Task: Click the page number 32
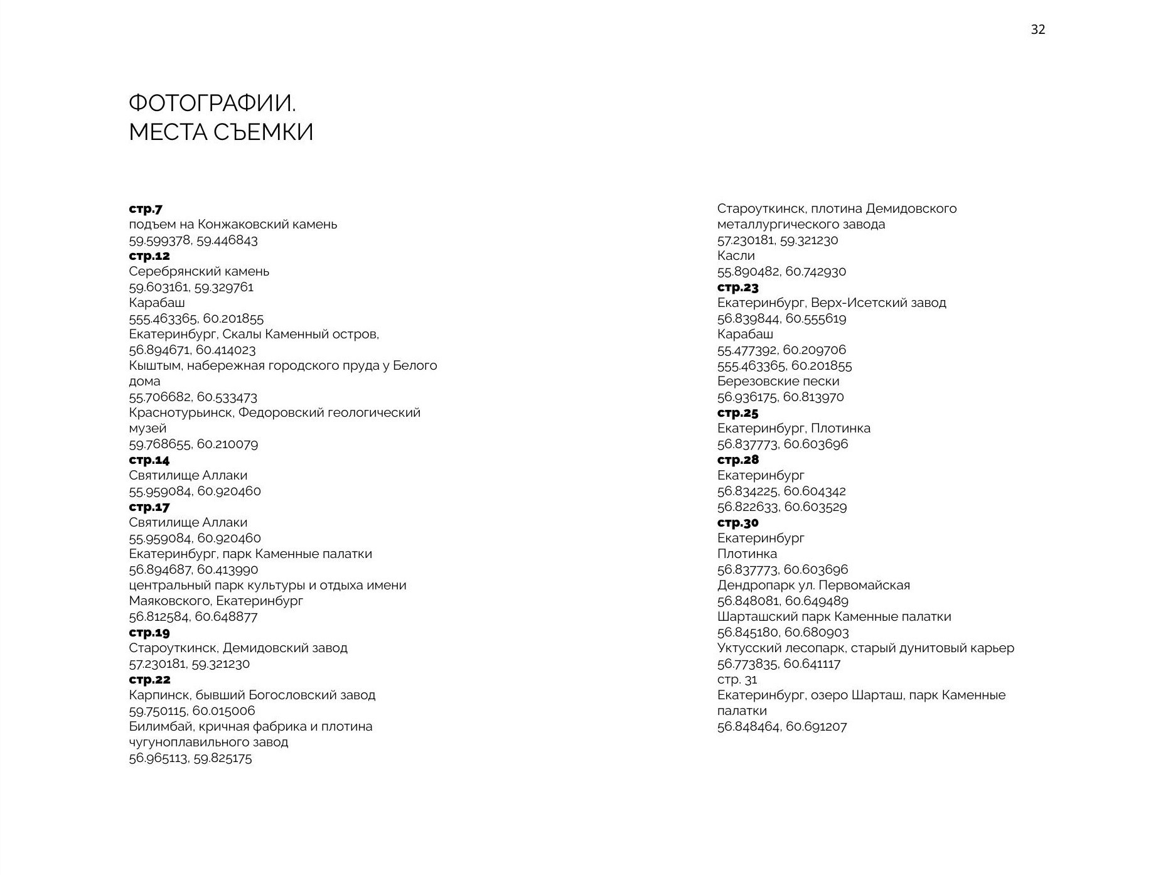[x=1037, y=30]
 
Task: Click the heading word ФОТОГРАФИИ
[x=212, y=103]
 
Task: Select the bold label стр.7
[x=146, y=208]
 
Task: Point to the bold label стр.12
[x=149, y=255]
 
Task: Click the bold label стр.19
[x=149, y=632]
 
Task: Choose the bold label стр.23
[x=737, y=287]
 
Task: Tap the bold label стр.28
[x=737, y=459]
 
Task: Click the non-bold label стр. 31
[x=737, y=679]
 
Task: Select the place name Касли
[x=736, y=255]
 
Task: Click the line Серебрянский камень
[x=199, y=271]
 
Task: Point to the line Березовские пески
[x=778, y=381]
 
